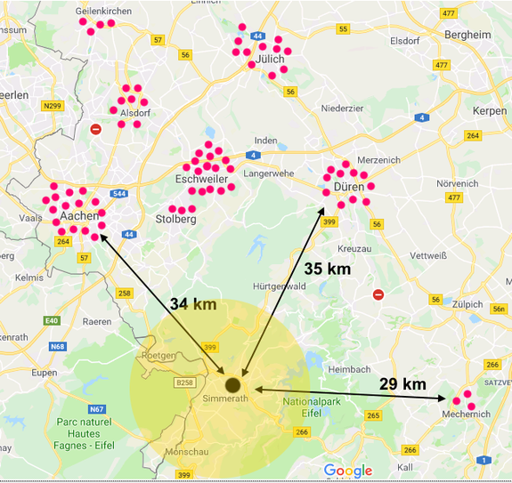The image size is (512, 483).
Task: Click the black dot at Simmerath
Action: click(x=233, y=384)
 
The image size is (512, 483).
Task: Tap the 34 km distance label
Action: click(x=192, y=304)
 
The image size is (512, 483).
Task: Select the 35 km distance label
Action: click(x=327, y=268)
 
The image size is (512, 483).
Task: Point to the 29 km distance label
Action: click(x=402, y=383)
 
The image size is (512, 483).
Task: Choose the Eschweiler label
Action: click(x=202, y=180)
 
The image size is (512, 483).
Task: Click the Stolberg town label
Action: click(x=175, y=219)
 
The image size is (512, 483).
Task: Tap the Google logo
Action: click(x=348, y=470)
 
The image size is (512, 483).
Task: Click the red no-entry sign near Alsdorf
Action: click(x=96, y=129)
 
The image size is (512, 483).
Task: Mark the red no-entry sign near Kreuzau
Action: click(x=378, y=294)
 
